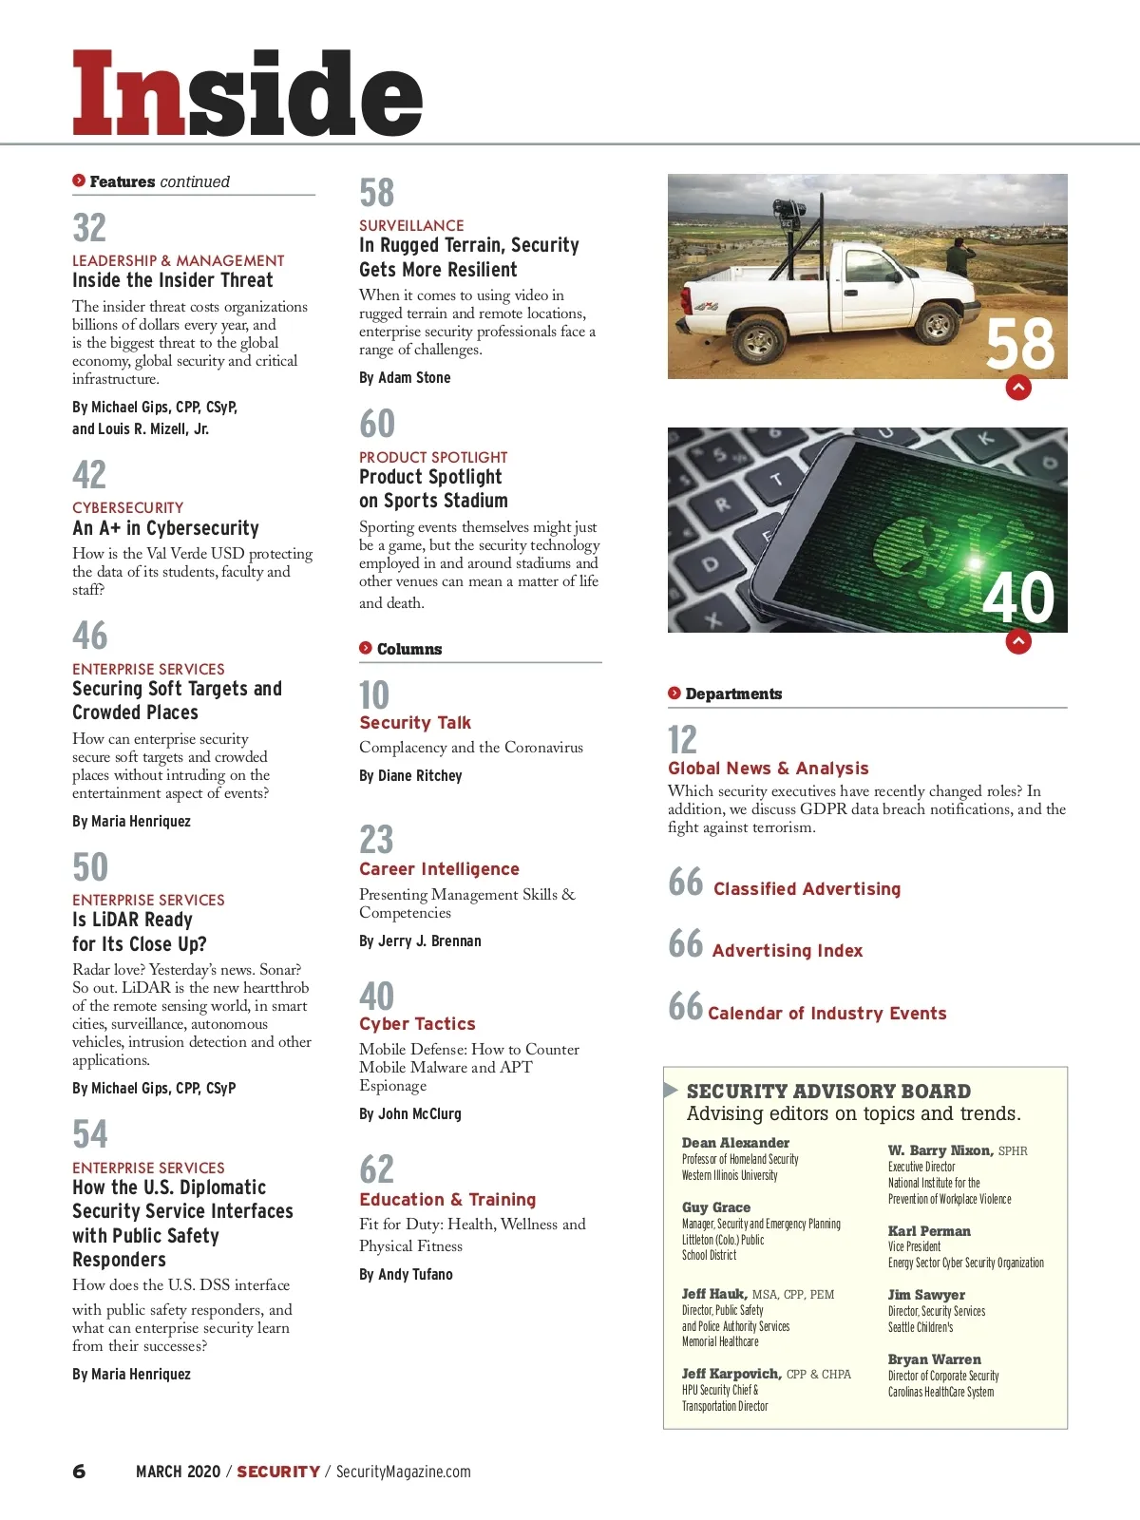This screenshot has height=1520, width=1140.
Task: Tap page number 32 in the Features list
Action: (90, 228)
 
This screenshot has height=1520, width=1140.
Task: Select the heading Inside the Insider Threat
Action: (173, 280)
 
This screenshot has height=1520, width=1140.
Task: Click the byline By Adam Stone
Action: (405, 377)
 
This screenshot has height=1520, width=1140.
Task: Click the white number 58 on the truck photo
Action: (1019, 344)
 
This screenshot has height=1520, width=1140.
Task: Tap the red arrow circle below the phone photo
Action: (1018, 642)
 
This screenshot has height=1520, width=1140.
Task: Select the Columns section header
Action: (408, 649)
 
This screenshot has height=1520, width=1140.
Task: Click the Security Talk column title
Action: (415, 723)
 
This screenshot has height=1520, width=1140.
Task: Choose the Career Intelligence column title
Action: (439, 869)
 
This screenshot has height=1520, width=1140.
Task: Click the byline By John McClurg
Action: (410, 1113)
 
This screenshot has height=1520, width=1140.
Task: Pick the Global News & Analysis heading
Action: (768, 769)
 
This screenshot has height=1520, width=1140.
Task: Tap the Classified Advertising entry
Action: (807, 889)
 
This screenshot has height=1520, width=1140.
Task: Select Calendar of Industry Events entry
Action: (826, 1014)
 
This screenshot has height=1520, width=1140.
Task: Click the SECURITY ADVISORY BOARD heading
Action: (828, 1092)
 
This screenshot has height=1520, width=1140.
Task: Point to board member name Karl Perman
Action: (929, 1231)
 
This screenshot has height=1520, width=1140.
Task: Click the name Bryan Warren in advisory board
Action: (934, 1359)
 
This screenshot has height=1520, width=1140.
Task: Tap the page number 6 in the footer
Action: (79, 1472)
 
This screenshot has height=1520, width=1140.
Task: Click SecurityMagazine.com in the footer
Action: (403, 1472)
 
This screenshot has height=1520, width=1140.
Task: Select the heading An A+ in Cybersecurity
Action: (165, 528)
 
